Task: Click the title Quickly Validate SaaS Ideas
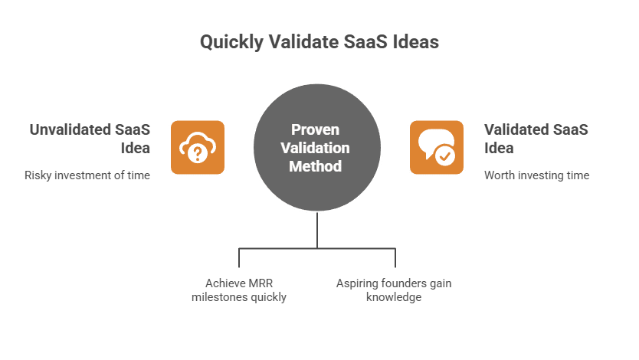point(319,42)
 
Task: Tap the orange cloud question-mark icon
point(198,147)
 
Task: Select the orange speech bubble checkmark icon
point(437,147)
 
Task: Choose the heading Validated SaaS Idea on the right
point(536,138)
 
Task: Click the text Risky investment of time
point(87,175)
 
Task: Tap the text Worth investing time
point(536,175)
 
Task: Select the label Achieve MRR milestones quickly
point(239,290)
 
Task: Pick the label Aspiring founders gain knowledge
point(394,290)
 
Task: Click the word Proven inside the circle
point(315,129)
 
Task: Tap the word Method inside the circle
point(315,165)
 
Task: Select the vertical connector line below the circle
point(316,229)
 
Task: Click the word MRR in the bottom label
point(258,283)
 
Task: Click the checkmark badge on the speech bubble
point(444,155)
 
